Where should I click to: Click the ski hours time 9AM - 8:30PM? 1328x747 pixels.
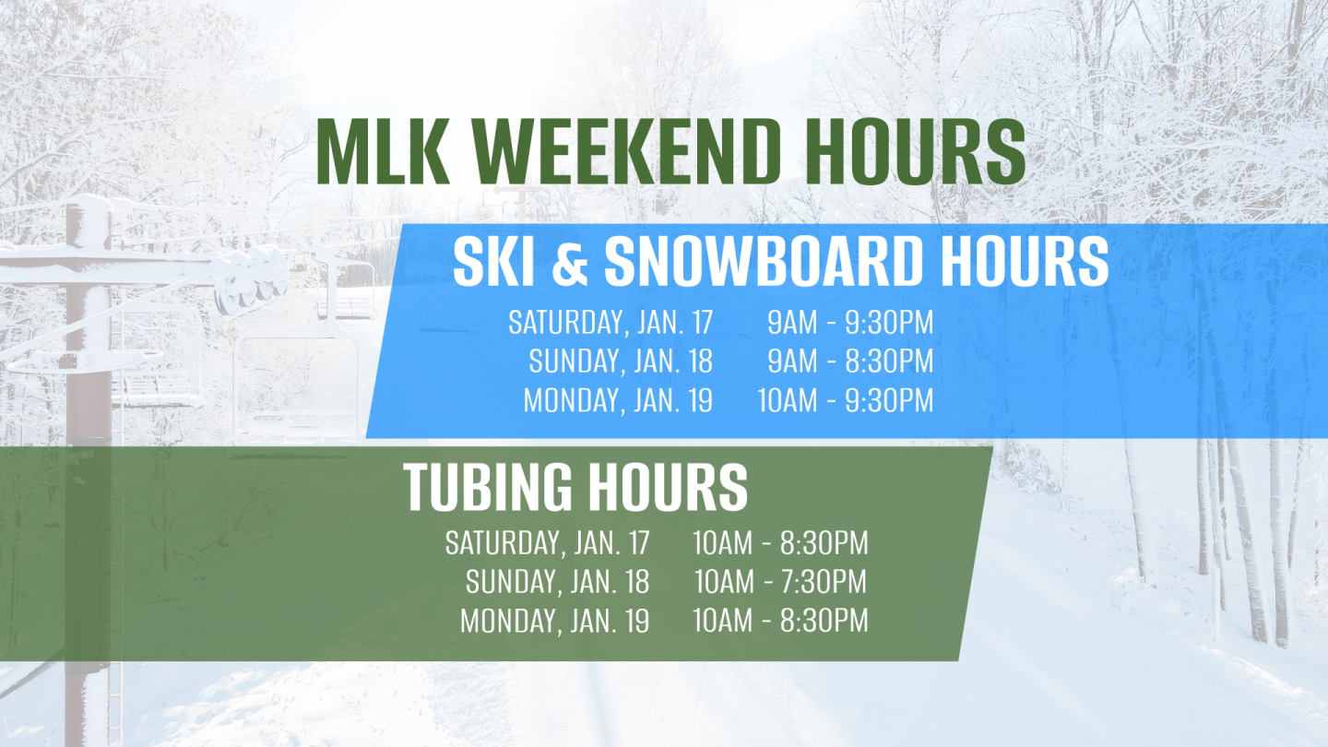(x=850, y=362)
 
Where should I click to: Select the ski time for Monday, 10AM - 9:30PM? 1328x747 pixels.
(x=845, y=401)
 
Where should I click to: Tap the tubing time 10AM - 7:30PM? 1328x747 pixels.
(x=780, y=582)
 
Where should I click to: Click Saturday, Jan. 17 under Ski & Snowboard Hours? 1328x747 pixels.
(x=611, y=323)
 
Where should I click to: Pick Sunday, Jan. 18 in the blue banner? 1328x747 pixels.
(x=621, y=362)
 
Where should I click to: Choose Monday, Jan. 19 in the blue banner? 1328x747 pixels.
(x=618, y=401)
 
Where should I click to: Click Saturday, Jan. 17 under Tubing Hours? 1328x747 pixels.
(x=547, y=543)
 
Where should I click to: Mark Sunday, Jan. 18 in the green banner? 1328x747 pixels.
(x=557, y=582)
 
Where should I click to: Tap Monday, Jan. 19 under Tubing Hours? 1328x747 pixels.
(x=554, y=621)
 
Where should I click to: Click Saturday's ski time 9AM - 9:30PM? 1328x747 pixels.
(x=850, y=323)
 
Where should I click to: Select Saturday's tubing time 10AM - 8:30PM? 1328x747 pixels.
(x=780, y=543)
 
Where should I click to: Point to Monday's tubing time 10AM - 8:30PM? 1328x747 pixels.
(x=780, y=621)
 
